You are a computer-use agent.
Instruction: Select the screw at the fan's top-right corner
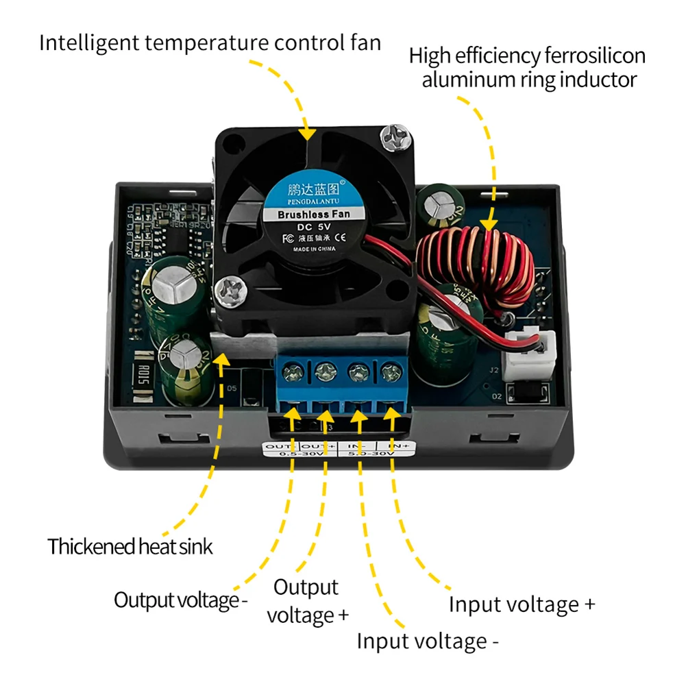pos(396,138)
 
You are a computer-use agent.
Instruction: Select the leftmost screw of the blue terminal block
pos(294,374)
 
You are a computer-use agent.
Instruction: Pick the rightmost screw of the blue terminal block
pos(390,374)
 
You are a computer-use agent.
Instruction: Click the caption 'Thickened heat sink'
pos(130,547)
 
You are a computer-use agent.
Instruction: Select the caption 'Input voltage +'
pos(522,604)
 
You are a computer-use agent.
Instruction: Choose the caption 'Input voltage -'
pos(427,641)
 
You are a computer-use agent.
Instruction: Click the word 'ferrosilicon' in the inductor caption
pos(571,56)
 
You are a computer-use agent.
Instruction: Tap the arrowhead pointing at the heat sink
pos(221,360)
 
